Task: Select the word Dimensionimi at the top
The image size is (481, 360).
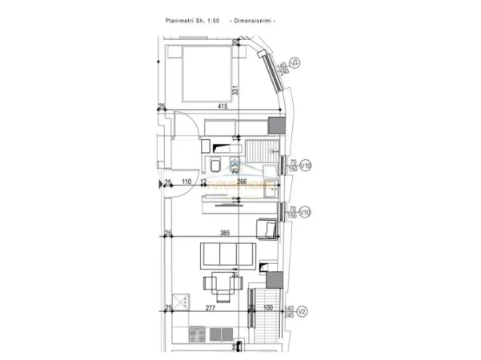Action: coord(253,20)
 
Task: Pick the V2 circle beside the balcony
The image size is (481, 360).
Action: coord(294,309)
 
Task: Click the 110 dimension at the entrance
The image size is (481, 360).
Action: coord(186,182)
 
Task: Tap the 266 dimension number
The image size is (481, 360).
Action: coord(242,182)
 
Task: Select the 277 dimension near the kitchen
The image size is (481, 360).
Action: coord(210,308)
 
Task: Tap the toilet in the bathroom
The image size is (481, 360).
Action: coord(216,165)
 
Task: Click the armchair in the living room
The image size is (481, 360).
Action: coord(266,230)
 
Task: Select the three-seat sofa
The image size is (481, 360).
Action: coord(226,256)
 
